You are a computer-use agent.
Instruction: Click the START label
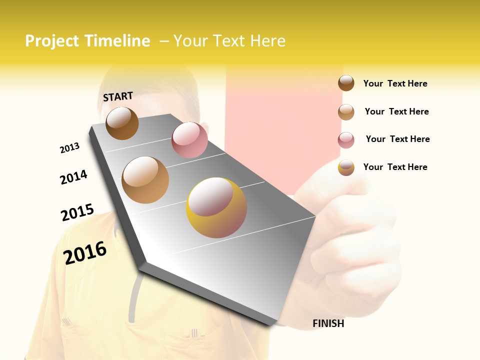(x=118, y=96)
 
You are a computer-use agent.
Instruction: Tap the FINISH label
(x=328, y=323)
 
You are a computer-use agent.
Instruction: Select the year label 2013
(x=69, y=148)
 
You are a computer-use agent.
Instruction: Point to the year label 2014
(x=73, y=177)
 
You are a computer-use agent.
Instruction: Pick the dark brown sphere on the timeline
(x=122, y=123)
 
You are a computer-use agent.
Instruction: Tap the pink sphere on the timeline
(x=189, y=139)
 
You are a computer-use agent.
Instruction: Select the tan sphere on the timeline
(x=145, y=180)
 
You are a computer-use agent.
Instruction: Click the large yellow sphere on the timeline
(x=216, y=207)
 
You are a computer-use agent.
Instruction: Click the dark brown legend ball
(x=346, y=83)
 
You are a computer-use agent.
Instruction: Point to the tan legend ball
(x=346, y=112)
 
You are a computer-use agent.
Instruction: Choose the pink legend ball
(x=346, y=140)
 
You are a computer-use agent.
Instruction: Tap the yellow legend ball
(x=346, y=167)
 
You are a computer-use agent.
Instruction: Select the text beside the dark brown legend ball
(x=395, y=83)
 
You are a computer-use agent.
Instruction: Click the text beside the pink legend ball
(x=397, y=139)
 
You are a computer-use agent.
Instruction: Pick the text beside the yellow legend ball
(x=395, y=167)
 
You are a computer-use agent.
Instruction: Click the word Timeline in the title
(x=116, y=41)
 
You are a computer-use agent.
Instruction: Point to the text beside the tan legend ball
(x=396, y=111)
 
